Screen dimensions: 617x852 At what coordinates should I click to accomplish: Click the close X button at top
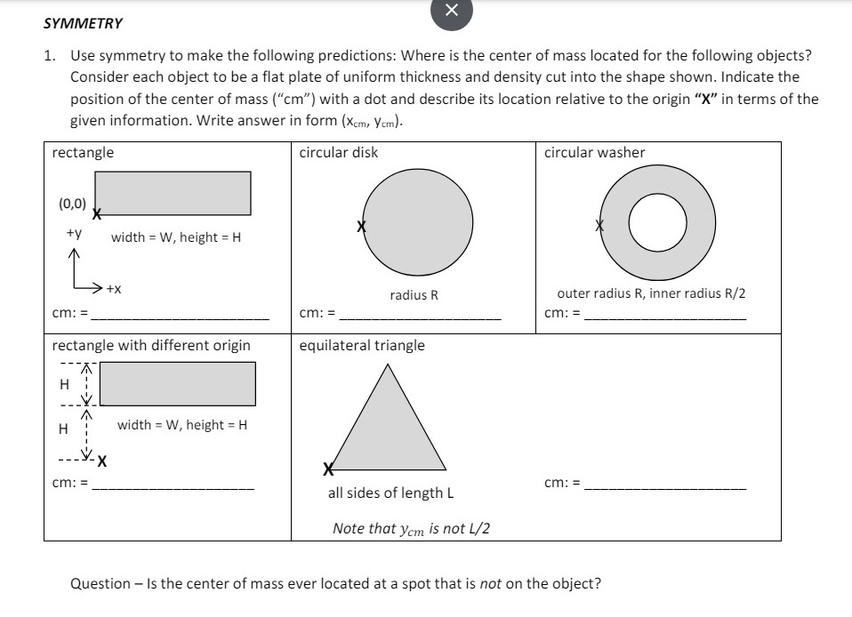[x=451, y=11]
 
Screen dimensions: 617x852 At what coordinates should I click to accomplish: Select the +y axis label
[x=74, y=234]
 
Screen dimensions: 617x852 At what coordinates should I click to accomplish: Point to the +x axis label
[x=114, y=289]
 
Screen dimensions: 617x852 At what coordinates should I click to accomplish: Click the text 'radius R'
[x=414, y=294]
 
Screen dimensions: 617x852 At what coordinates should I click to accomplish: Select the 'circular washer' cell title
[x=594, y=152]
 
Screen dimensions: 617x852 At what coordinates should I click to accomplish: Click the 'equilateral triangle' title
[x=362, y=345]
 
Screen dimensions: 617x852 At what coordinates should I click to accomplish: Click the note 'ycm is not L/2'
[x=411, y=528]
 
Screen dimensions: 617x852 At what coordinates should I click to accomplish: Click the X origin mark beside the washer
[x=600, y=226]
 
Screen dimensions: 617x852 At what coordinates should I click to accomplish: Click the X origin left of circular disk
[x=361, y=227]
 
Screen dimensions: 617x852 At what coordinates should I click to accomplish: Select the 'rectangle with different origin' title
[x=151, y=345]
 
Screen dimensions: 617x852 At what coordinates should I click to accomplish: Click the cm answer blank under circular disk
[x=421, y=313]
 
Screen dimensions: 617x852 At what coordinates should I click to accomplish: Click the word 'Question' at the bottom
[x=100, y=583]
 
